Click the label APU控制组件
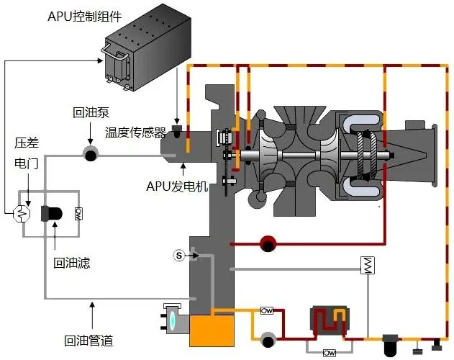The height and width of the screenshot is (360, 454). tap(85, 17)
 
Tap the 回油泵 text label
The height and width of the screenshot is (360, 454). tap(91, 112)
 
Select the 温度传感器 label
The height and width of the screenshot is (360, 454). tap(135, 132)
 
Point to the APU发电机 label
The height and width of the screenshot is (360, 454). tap(177, 186)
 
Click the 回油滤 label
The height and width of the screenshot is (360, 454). tap(71, 263)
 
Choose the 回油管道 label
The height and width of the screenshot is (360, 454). tap(88, 341)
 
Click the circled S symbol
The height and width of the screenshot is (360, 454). tap(179, 256)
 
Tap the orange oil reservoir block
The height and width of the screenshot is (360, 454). tap(212, 330)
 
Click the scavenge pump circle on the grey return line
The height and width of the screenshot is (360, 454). tap(91, 155)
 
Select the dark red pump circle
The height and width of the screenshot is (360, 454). tap(268, 244)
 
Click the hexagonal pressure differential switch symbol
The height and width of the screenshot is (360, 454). tap(22, 214)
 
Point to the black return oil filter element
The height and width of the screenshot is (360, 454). tap(52, 214)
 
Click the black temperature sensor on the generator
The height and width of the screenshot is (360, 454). tap(176, 131)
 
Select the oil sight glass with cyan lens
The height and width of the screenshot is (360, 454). tap(172, 319)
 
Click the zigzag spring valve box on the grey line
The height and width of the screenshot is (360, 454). tap(368, 265)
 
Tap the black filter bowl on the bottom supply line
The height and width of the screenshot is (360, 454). tap(391, 346)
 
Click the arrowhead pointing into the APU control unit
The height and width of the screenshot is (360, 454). tap(100, 60)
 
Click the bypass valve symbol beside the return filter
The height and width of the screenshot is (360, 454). tap(78, 214)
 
